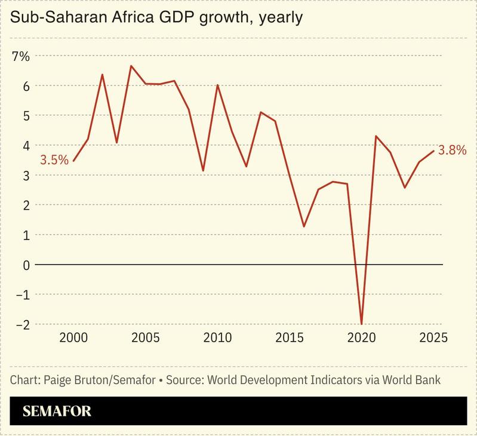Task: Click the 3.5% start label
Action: pos(54,160)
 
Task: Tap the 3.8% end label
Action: pos(452,151)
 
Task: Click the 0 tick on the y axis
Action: pos(25,265)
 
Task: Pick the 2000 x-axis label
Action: pos(73,338)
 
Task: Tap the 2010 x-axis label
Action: pos(217,338)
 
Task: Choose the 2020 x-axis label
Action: pos(361,338)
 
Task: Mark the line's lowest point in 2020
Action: pos(361,323)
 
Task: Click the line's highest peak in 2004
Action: pos(131,66)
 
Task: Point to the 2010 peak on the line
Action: pos(217,85)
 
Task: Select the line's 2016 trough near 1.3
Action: pos(304,226)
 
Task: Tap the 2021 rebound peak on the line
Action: pos(376,136)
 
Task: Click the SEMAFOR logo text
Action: pos(57,412)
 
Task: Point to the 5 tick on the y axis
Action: pos(25,115)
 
